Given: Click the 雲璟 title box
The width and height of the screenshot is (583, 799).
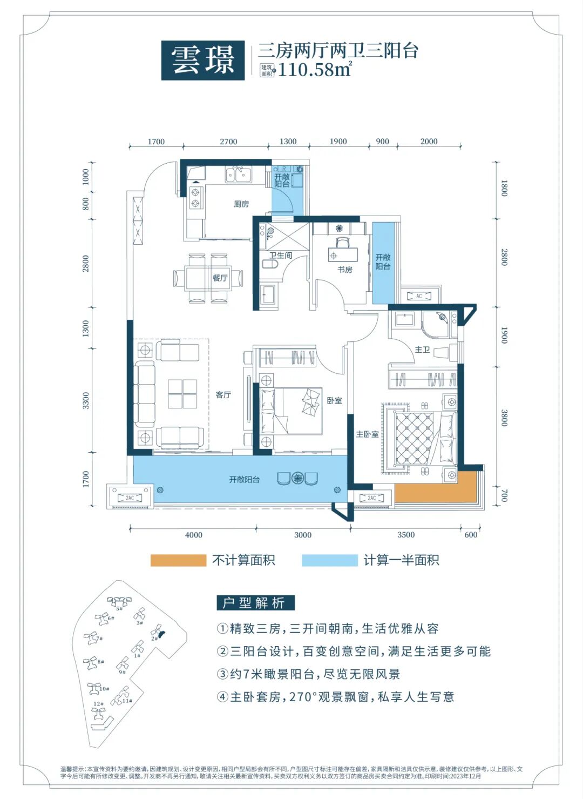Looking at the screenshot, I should [x=203, y=61].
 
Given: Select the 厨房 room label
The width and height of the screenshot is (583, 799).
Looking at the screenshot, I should [x=241, y=204].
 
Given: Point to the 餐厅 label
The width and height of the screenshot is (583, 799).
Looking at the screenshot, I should [x=220, y=278].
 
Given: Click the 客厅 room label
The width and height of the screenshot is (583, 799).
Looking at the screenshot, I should [x=223, y=395].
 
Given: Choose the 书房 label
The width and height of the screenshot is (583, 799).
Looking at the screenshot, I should [x=345, y=269].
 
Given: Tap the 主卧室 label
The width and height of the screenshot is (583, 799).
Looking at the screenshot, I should [x=367, y=434].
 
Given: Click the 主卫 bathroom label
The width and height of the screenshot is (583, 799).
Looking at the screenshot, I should [x=422, y=350].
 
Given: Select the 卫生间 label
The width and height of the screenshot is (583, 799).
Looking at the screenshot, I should [x=281, y=255].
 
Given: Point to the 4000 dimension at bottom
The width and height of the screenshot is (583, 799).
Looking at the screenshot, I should [x=194, y=535].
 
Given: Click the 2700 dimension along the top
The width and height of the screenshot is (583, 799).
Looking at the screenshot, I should [x=228, y=142].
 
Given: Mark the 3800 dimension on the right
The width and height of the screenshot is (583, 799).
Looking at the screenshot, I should [x=504, y=418].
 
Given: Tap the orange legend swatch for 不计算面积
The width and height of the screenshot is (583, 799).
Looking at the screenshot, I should [x=178, y=560].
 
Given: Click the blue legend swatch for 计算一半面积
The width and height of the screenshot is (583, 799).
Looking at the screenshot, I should [x=329, y=560].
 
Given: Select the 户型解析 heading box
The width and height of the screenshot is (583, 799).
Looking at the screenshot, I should [x=255, y=603].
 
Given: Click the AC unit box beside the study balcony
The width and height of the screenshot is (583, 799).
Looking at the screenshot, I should [x=419, y=296].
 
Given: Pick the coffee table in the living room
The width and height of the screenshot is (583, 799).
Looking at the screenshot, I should [x=182, y=393].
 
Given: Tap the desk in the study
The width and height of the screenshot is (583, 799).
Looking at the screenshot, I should [x=342, y=254].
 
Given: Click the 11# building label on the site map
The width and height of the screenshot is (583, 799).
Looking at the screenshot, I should [x=127, y=701].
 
